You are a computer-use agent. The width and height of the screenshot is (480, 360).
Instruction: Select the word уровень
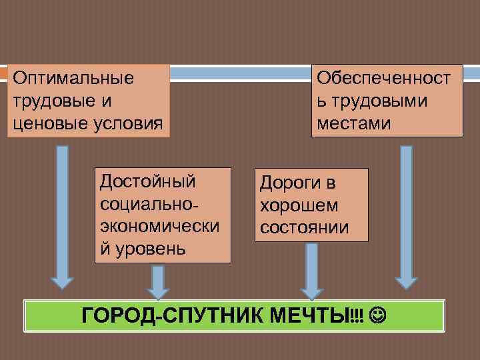(151, 249)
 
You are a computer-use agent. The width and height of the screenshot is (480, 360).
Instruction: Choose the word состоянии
(304, 227)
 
